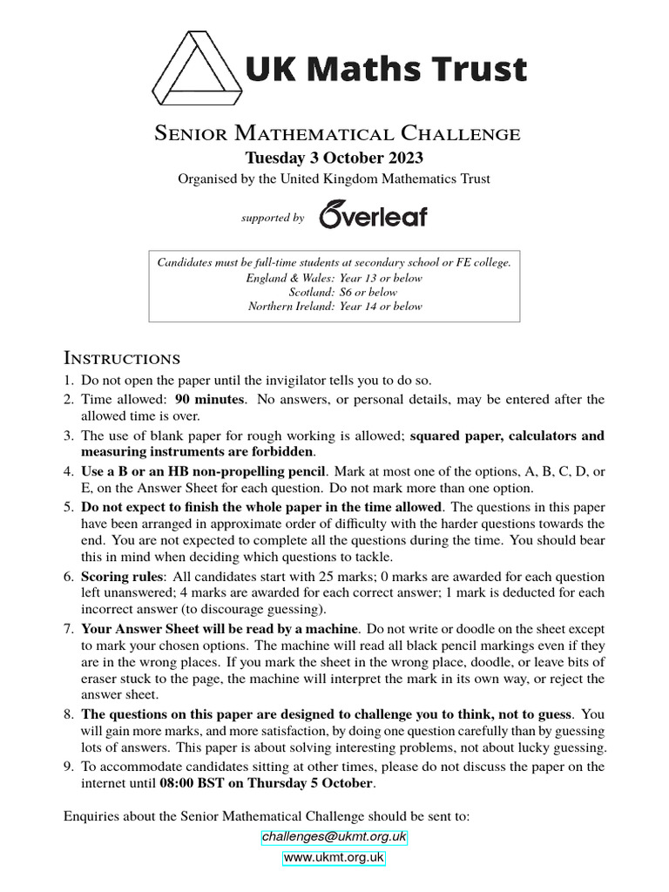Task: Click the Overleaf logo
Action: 373,214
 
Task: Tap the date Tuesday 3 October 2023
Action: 334,158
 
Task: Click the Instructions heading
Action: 122,358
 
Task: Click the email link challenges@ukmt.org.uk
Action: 334,837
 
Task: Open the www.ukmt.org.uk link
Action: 334,858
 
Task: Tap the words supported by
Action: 273,218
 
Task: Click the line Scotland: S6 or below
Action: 334,292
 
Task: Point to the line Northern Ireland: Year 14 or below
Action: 334,306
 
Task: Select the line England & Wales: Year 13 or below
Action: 334,278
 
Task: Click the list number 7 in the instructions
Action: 69,629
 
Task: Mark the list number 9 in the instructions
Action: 69,767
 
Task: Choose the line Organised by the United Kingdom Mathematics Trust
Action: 334,179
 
